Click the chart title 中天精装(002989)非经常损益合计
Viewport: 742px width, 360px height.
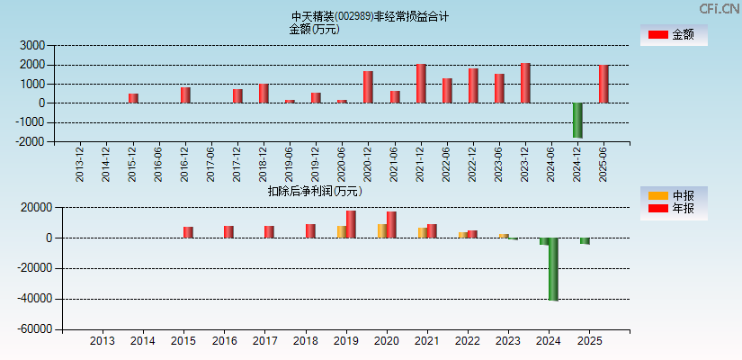pyautogui.click(x=370, y=16)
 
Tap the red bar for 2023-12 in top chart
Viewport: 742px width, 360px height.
pyautogui.click(x=525, y=83)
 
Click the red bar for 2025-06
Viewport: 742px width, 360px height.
pyautogui.click(x=603, y=84)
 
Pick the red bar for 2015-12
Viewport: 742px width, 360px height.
pyautogui.click(x=133, y=98)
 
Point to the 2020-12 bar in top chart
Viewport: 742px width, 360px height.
pyautogui.click(x=368, y=86)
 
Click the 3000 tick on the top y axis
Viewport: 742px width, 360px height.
pyautogui.click(x=32, y=45)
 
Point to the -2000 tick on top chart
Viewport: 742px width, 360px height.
pyautogui.click(x=30, y=141)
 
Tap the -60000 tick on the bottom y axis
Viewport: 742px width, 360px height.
pyautogui.click(x=32, y=329)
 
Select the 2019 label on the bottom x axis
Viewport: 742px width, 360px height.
pyautogui.click(x=345, y=341)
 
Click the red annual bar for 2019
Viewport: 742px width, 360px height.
pyautogui.click(x=351, y=224)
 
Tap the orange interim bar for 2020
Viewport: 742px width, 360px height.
pyautogui.click(x=381, y=230)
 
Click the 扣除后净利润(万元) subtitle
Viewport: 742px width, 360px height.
pyautogui.click(x=315, y=191)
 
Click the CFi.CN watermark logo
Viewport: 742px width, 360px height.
pyautogui.click(x=720, y=8)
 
